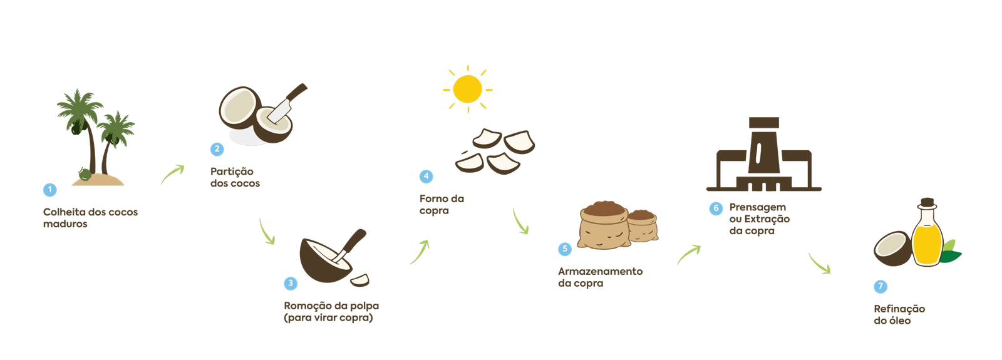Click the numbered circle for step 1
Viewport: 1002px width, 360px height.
pos(49,190)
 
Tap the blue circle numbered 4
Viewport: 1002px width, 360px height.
pos(426,176)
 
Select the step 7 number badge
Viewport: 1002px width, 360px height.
pos(881,286)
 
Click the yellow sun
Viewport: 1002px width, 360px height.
pos(467,89)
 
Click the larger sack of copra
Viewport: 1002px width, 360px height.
pos(604,227)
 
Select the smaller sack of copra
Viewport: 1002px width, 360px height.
pos(643,226)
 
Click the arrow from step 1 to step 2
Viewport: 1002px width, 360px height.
pos(173,174)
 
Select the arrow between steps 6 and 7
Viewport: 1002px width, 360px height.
pos(819,264)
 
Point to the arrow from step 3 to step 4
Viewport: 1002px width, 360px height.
pos(420,252)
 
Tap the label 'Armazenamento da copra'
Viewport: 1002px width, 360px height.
pos(600,277)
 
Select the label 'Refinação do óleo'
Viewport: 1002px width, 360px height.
pos(899,314)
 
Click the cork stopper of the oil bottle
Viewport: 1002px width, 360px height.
pos(927,203)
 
